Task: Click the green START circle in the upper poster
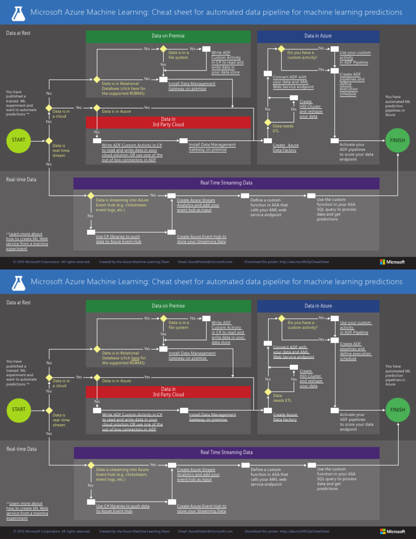18,141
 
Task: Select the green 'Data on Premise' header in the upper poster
168,36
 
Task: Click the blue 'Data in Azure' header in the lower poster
318,306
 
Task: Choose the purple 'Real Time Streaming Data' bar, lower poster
226,452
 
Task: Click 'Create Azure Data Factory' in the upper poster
285,147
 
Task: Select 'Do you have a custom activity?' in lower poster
302,325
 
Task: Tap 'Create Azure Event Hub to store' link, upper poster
201,239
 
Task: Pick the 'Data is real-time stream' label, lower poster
60,420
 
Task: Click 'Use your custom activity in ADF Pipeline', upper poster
355,57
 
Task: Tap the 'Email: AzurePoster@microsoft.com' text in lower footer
205,531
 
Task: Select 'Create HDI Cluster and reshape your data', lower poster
310,379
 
